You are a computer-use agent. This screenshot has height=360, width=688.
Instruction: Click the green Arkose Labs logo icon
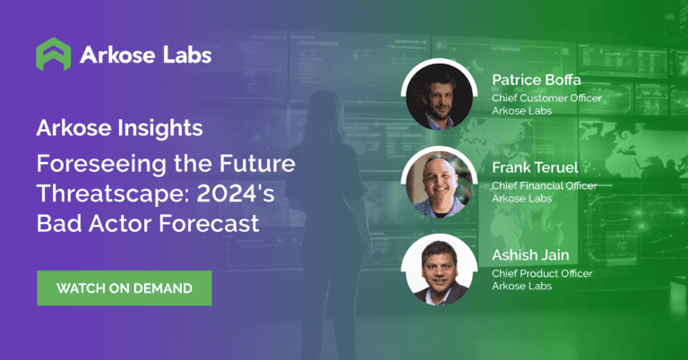click(53, 55)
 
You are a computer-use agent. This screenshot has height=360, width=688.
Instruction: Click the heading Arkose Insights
click(119, 128)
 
